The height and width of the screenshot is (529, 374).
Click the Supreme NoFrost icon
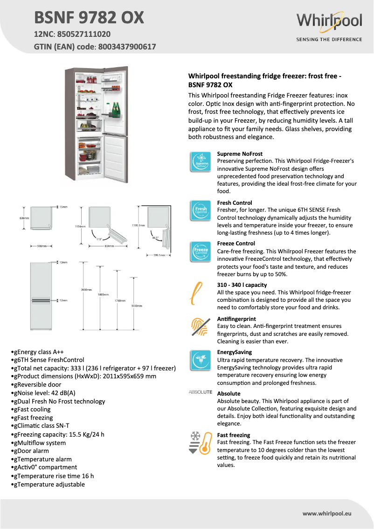pos(201,162)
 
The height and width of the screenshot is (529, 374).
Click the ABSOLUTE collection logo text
pos(201,392)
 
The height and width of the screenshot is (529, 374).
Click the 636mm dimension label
pos(24,218)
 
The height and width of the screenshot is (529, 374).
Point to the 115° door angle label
pos(99,239)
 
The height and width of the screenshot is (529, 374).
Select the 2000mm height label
pos(86,290)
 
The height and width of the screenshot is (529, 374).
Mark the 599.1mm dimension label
pos(159,255)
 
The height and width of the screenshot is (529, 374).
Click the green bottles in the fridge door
pos(115,110)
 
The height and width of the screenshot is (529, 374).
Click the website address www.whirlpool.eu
pos(326,513)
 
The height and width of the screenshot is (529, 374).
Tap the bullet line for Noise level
pos(43,393)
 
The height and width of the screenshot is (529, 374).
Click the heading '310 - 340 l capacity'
pos(242,285)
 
